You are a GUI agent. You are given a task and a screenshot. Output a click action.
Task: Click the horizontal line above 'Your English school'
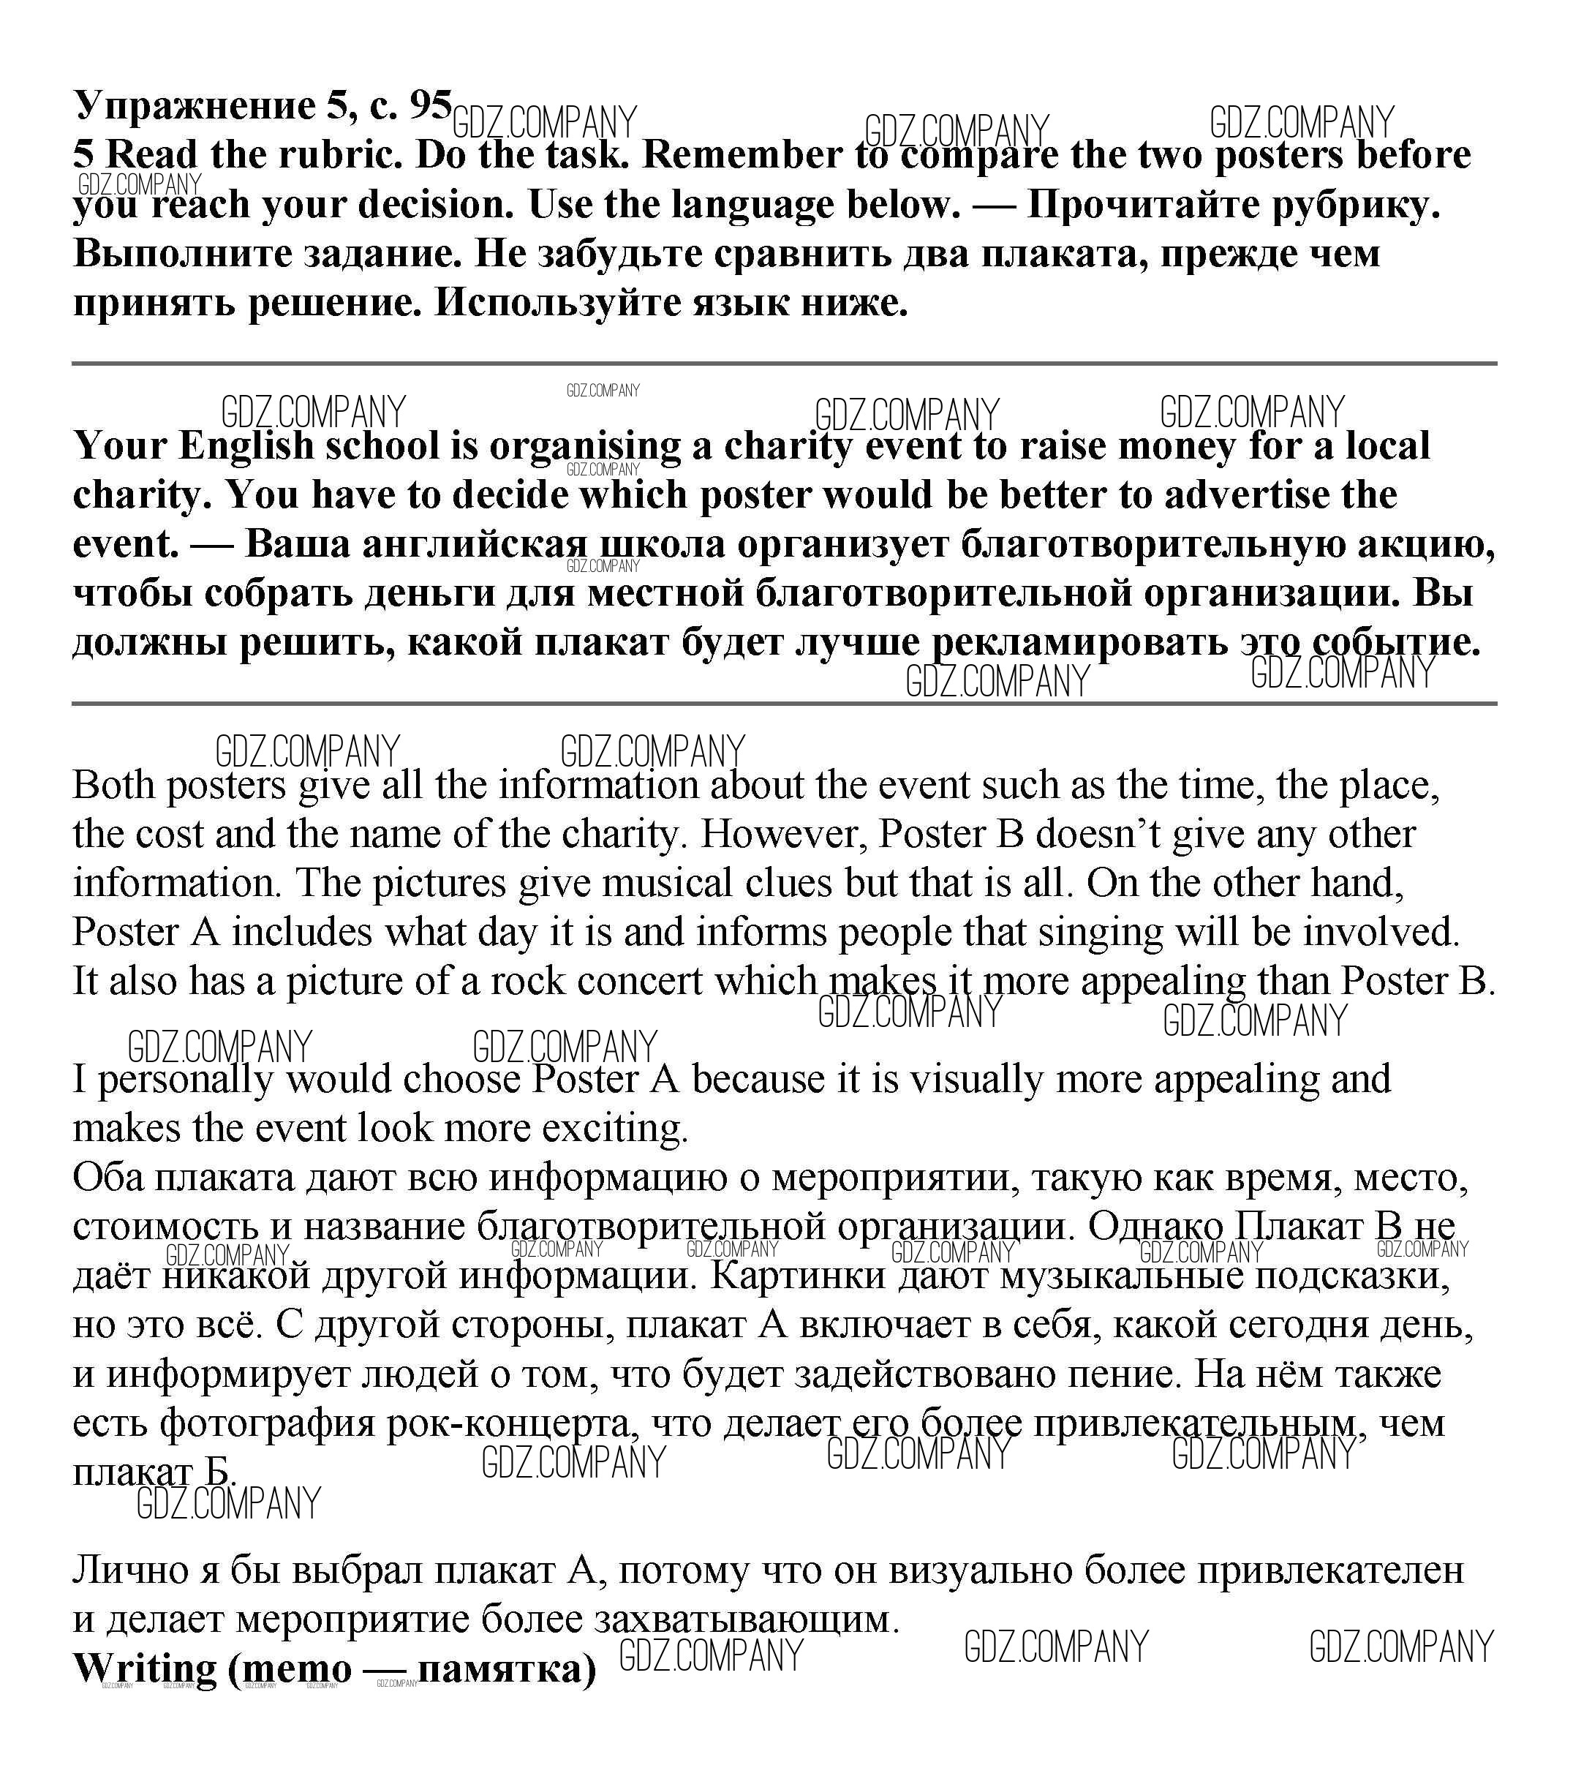784,362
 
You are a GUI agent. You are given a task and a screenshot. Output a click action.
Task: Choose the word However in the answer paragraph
783,834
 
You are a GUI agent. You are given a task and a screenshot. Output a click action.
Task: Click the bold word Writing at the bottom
144,1668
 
